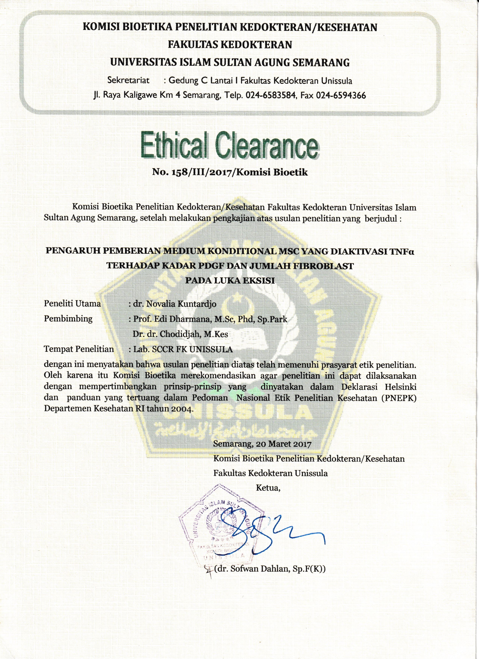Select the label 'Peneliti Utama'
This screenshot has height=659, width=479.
(x=72, y=304)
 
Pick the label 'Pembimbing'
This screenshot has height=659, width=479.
(x=68, y=319)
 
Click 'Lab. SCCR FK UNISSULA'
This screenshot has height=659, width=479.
(x=183, y=349)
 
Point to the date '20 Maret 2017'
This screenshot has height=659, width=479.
(x=283, y=444)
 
